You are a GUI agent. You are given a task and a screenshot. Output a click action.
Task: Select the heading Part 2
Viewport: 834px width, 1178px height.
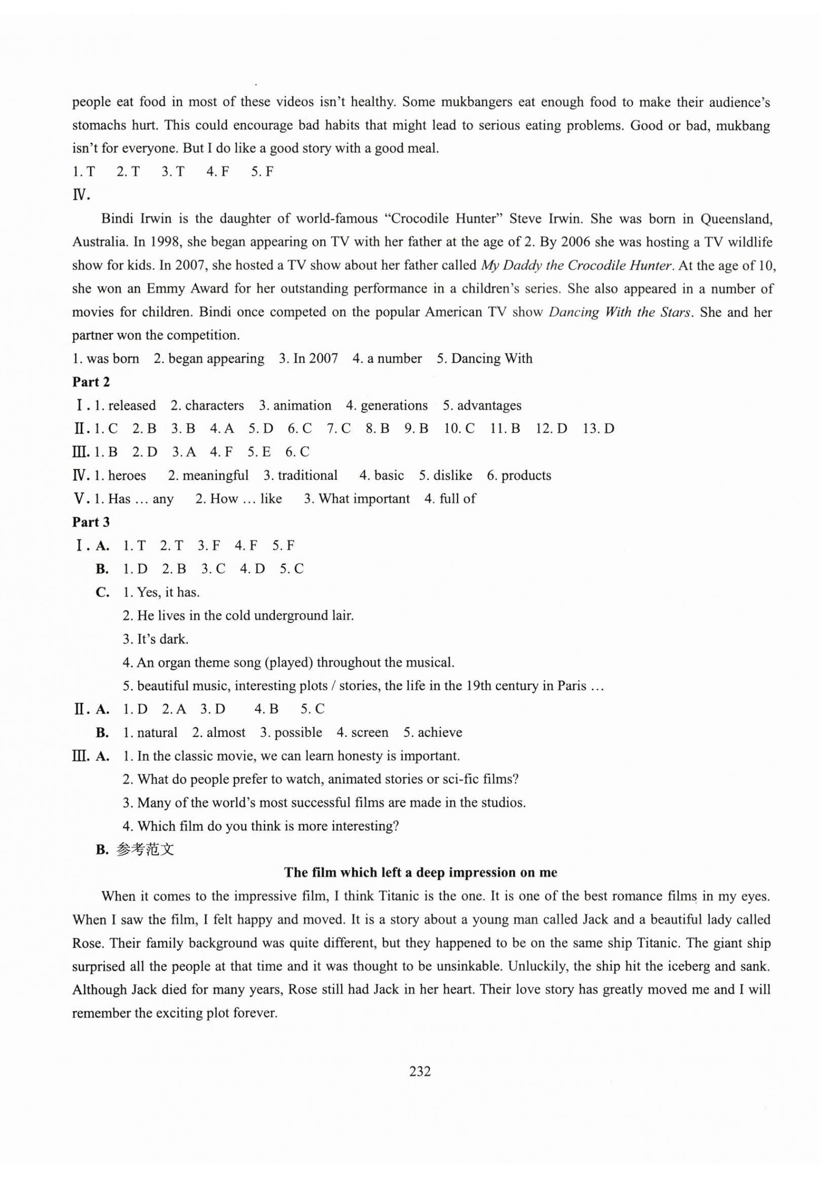91,382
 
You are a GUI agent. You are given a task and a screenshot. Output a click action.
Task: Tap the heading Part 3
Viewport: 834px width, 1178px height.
91,522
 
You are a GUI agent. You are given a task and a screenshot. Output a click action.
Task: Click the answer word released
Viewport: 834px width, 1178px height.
132,406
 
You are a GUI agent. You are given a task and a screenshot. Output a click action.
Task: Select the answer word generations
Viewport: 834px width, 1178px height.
394,406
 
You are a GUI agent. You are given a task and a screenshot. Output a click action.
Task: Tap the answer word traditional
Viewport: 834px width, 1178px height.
307,476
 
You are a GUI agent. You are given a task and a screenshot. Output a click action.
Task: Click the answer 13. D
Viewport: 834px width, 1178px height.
598,429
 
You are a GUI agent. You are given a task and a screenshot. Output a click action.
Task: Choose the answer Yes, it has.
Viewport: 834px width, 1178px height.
168,593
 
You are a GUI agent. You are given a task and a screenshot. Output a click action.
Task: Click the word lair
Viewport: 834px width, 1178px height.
342,616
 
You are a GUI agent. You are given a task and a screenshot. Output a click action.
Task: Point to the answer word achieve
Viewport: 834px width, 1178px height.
440,733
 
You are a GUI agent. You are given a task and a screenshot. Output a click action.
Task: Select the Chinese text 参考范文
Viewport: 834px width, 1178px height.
145,850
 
